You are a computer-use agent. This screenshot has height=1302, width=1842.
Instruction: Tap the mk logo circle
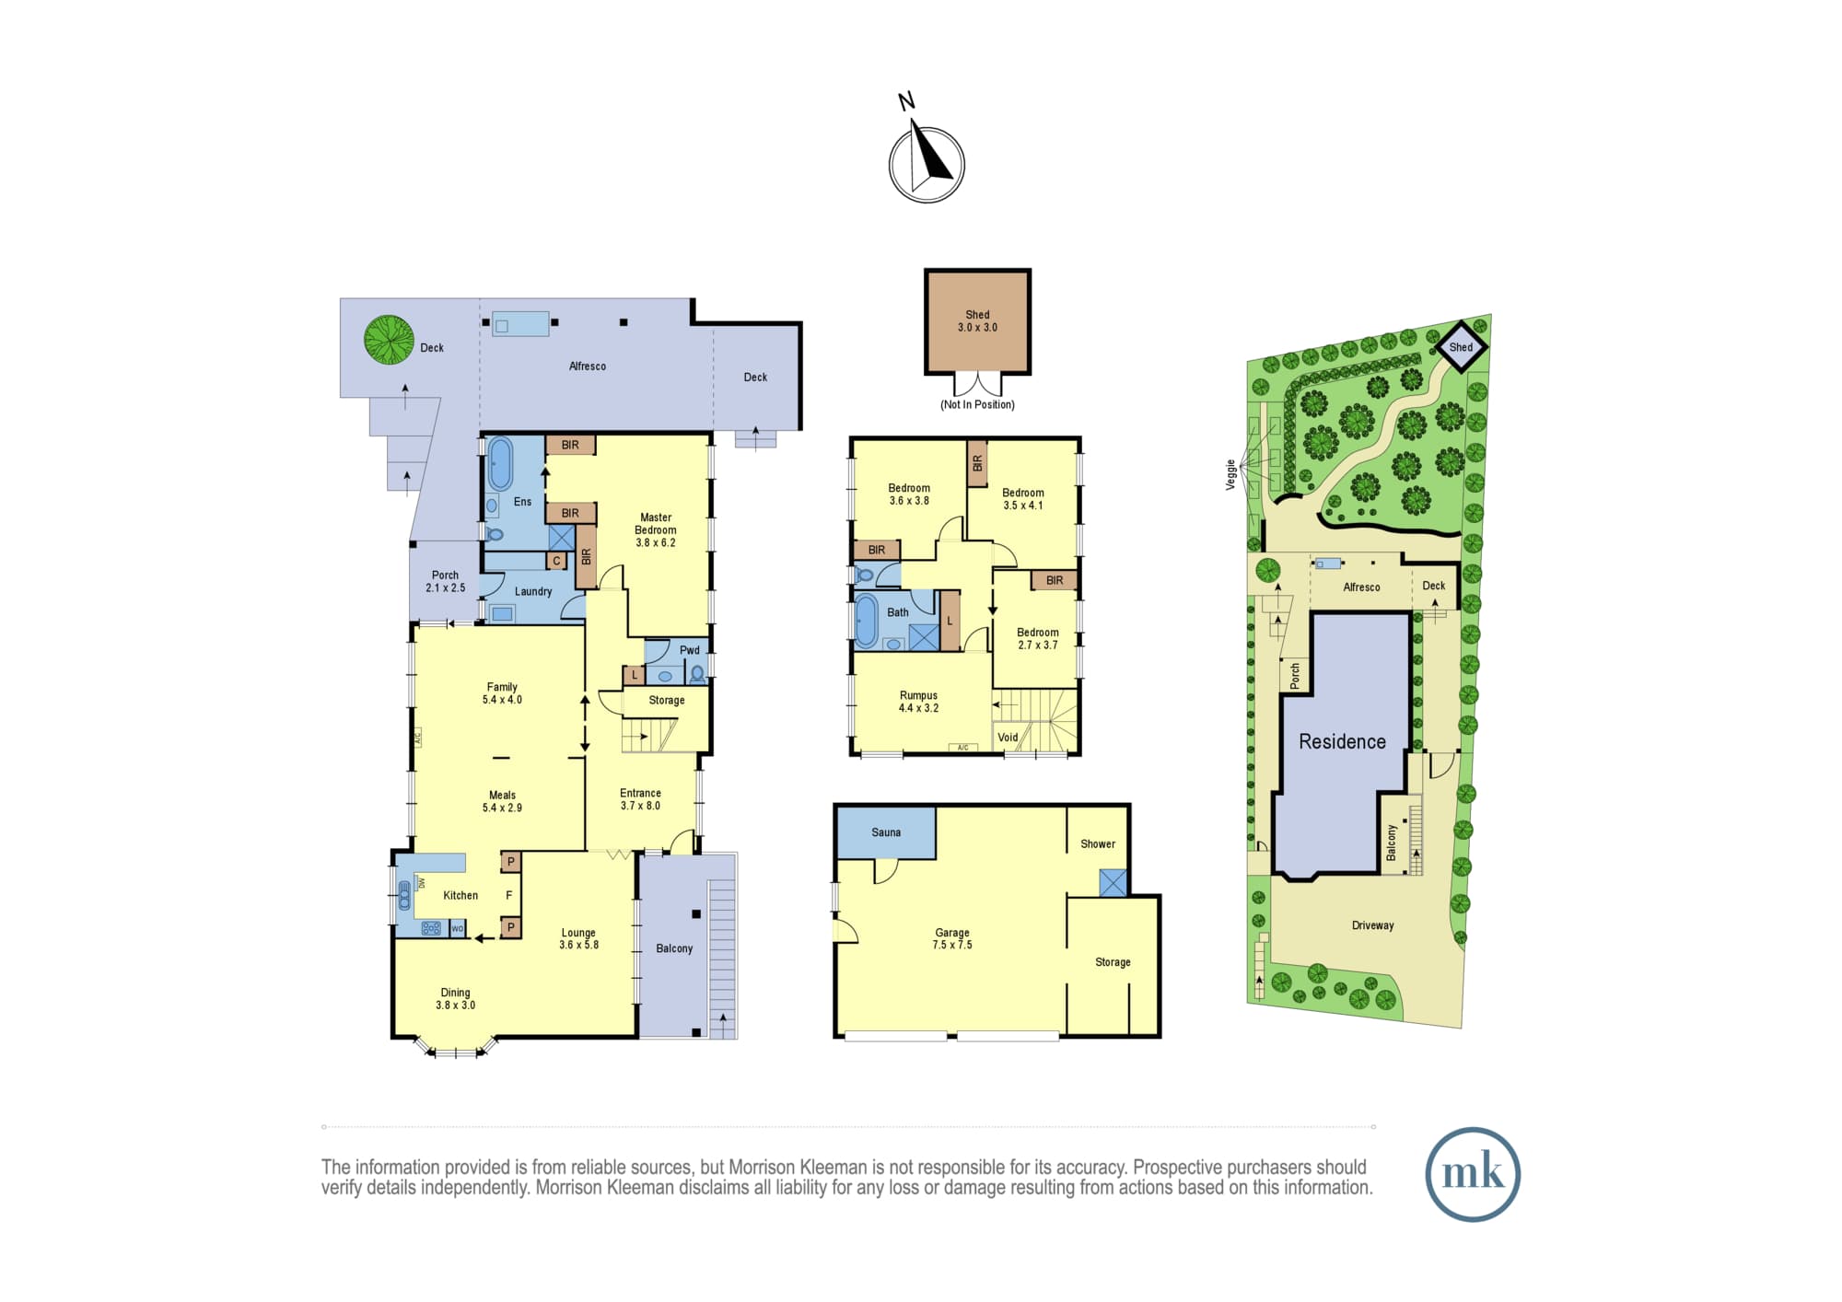(1473, 1174)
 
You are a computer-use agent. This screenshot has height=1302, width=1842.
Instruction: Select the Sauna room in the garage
(886, 832)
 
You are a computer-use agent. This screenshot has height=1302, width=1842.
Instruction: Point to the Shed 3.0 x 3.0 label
(977, 321)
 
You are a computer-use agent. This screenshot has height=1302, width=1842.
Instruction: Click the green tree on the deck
(389, 339)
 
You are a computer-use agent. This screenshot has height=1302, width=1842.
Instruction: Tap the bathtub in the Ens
(500, 464)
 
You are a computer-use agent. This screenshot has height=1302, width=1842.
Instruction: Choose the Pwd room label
(690, 650)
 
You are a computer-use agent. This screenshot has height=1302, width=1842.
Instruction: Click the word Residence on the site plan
(1342, 742)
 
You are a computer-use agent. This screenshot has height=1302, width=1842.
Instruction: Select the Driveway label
(1372, 925)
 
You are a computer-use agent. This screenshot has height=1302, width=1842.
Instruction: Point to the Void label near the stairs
(1008, 738)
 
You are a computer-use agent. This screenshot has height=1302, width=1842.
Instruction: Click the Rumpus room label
(918, 702)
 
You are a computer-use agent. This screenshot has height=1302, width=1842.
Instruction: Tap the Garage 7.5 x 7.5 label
(952, 938)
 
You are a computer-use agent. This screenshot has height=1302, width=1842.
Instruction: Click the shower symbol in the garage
(1113, 883)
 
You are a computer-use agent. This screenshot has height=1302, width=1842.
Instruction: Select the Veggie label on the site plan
(1230, 474)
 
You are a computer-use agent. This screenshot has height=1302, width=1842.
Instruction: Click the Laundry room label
(533, 592)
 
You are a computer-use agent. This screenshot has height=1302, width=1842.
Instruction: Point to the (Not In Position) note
(977, 404)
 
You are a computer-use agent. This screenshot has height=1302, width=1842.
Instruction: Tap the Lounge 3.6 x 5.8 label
(578, 938)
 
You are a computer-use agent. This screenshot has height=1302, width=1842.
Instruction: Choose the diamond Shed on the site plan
(1462, 347)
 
